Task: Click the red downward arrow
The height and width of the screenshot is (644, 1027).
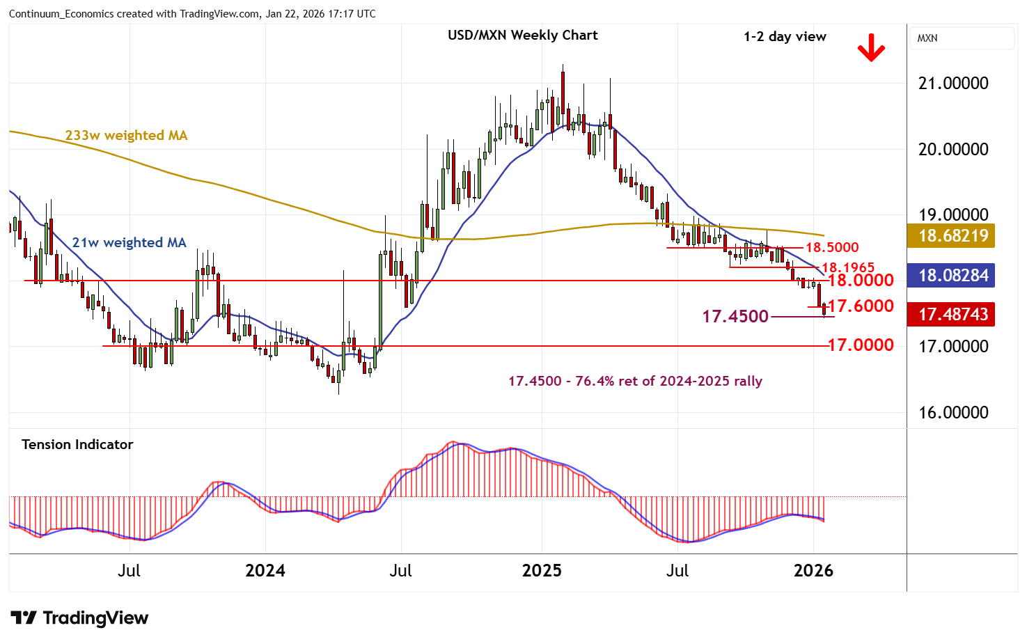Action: coord(870,49)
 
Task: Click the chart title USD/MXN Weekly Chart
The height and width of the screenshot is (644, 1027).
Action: coord(522,36)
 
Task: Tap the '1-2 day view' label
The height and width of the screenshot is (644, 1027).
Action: coord(785,37)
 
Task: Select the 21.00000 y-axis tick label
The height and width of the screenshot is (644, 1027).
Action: coord(953,84)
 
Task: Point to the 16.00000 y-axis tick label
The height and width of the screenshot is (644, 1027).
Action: coord(953,413)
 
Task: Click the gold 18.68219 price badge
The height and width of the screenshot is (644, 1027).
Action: coord(952,235)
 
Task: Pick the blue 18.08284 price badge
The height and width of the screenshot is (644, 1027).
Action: coord(952,275)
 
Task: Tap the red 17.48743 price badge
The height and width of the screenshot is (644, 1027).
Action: coord(952,315)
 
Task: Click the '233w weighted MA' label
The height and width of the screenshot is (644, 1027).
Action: coord(126,135)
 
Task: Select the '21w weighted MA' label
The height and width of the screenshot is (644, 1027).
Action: coord(129,242)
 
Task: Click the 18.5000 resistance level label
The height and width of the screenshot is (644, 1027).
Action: coord(832,247)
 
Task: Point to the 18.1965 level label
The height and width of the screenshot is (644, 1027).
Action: coord(847,267)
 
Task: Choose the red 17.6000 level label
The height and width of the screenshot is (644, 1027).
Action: coord(861,306)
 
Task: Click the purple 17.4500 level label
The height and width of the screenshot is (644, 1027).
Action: coord(735,317)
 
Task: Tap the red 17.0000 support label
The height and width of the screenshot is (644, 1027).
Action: coord(861,345)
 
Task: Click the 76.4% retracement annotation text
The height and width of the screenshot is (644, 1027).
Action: coord(635,381)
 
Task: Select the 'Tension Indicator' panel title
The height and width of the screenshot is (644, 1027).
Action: coord(77,444)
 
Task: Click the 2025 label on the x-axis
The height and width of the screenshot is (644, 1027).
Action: coord(542,571)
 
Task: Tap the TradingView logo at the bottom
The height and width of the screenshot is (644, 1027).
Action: coord(79,618)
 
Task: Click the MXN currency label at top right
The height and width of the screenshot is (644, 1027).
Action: coord(927,38)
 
